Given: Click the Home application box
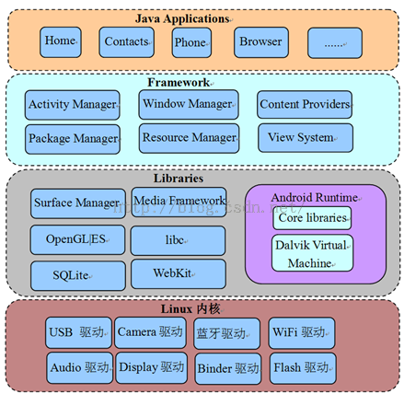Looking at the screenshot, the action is coord(61,42).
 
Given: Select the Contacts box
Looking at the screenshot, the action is coord(126,42).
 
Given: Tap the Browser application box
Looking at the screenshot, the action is coord(261,42).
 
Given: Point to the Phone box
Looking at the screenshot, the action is coord(191,42).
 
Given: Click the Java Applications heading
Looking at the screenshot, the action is coord(182,18).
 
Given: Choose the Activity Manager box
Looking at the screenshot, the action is coord(73,105).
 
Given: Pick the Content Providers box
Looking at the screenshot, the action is coord(305,104).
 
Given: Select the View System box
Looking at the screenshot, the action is coord(306,138).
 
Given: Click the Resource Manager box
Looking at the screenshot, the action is coord(189,138).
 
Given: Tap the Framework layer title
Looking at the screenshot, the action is coord(179,82).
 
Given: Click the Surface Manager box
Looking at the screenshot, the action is coord(78,203).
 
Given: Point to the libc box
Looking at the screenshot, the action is coord(178,240).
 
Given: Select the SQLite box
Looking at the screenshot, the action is coord(78,275).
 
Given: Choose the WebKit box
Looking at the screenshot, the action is coord(179,273).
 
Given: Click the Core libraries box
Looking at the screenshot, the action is coord(312,218).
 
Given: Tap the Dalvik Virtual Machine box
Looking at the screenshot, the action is coord(312,253).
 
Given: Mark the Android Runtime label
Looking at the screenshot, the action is coord(315,197).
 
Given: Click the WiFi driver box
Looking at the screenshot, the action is coord(302,333).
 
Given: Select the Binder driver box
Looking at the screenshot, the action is coord(228,368).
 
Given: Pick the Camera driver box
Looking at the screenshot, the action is coord(150,332).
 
